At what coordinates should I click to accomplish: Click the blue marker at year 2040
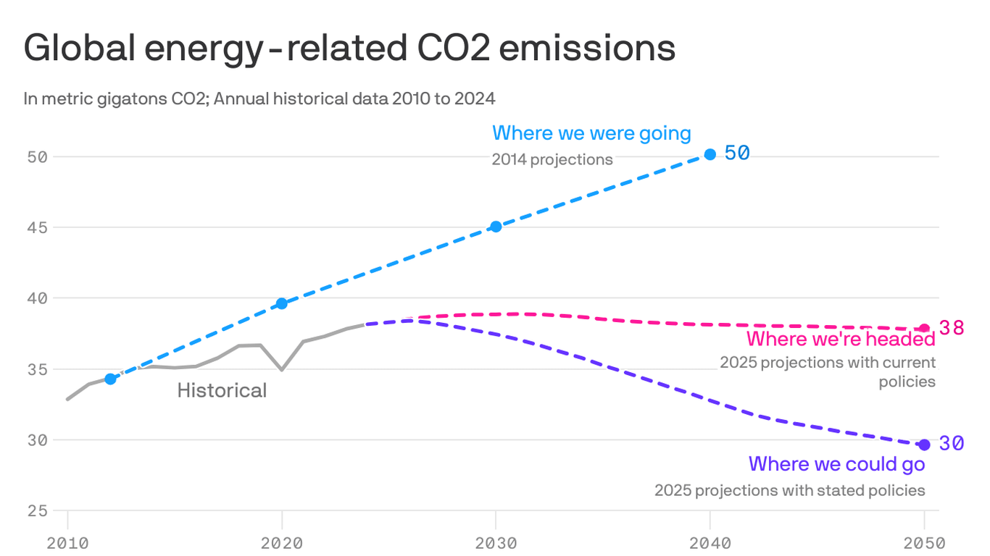710,154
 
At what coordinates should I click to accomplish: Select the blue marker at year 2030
496,227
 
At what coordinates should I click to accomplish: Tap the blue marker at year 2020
282,303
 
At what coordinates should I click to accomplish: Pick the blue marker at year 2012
110,379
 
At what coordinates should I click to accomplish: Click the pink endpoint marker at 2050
924,329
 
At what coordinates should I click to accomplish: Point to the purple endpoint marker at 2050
924,445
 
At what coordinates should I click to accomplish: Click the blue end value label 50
737,153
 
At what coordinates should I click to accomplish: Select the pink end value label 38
952,328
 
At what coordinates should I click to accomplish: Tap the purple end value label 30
952,444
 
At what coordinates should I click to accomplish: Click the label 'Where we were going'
591,133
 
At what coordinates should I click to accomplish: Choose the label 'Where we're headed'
841,339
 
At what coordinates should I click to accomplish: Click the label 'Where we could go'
836,463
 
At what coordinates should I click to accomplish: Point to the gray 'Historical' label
222,391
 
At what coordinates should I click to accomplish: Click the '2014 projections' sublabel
552,160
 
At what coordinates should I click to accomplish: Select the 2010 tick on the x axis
67,542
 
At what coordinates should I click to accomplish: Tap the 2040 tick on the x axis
710,542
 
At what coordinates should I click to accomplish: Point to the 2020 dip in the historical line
282,370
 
